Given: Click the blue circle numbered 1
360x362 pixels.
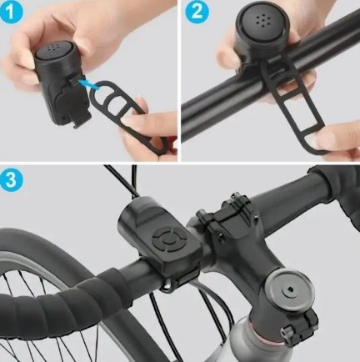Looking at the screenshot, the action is point(11,12).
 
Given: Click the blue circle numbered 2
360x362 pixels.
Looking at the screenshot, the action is point(197,12).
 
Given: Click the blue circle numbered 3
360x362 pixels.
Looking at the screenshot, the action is point(11,180).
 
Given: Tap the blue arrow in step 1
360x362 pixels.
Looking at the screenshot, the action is point(88,84).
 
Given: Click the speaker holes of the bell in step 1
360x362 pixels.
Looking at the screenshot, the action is point(52,48).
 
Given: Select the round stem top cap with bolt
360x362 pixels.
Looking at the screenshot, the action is point(289,290).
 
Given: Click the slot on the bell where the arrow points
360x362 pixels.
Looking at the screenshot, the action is point(75,82).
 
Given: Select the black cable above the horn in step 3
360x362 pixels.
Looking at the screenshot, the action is point(122,181).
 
